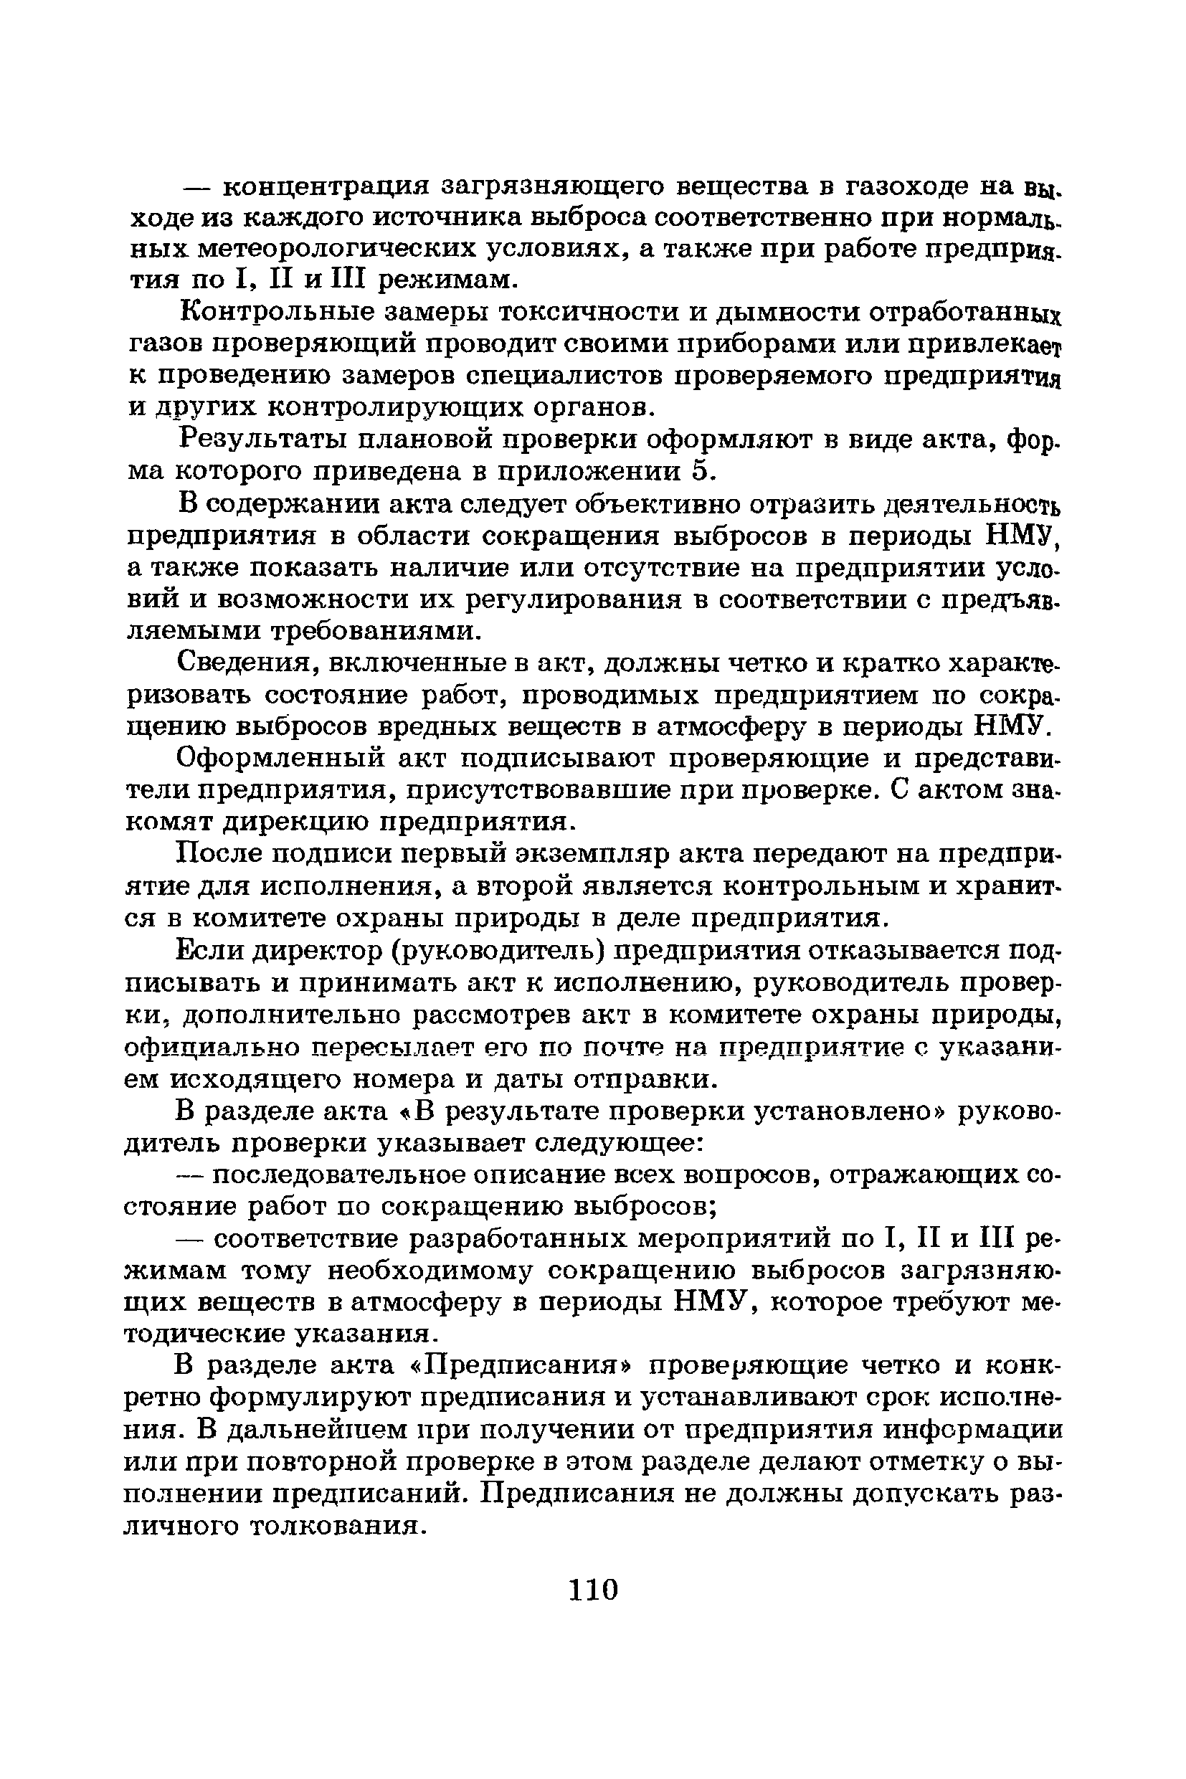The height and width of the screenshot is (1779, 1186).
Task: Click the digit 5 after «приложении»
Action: coord(702,471)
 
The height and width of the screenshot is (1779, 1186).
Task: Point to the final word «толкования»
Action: coord(333,1526)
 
